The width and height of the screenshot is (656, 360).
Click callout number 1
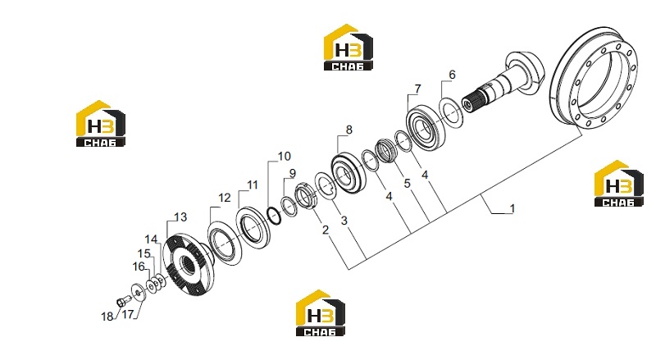(512, 208)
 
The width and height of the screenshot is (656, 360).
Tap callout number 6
(452, 75)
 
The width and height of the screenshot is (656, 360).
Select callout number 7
(417, 89)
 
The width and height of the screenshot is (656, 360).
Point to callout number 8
(349, 130)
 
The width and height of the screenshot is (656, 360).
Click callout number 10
(284, 156)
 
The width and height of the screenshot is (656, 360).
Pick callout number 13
(180, 217)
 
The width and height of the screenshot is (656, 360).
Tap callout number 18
(107, 317)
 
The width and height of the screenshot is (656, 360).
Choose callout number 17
(128, 314)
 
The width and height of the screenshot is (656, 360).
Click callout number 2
(325, 230)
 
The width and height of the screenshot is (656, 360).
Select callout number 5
(407, 184)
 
